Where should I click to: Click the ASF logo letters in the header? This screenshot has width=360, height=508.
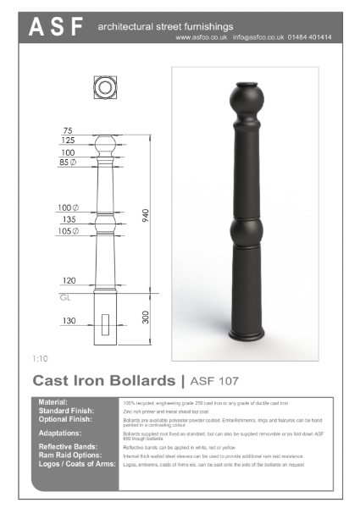(57, 28)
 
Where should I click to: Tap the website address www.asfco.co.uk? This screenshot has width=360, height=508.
(202, 38)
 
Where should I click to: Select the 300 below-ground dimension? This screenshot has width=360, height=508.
(145, 317)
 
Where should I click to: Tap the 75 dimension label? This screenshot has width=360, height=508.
(68, 130)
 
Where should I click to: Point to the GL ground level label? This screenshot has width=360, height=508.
(65, 298)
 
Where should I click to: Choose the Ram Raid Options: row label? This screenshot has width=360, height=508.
(69, 455)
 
